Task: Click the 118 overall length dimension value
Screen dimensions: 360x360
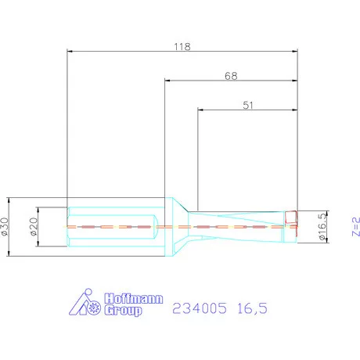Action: [x=183, y=45]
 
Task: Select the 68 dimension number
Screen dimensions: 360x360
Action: [x=230, y=76]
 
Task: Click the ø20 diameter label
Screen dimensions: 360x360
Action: [x=34, y=227]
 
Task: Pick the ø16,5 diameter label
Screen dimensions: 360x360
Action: [x=321, y=226]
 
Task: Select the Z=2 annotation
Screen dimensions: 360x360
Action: [x=354, y=226]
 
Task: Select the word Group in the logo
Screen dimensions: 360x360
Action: [x=123, y=311]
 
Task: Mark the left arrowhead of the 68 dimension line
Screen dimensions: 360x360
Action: [x=167, y=81]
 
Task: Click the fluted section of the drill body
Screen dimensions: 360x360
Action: [x=243, y=225]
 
